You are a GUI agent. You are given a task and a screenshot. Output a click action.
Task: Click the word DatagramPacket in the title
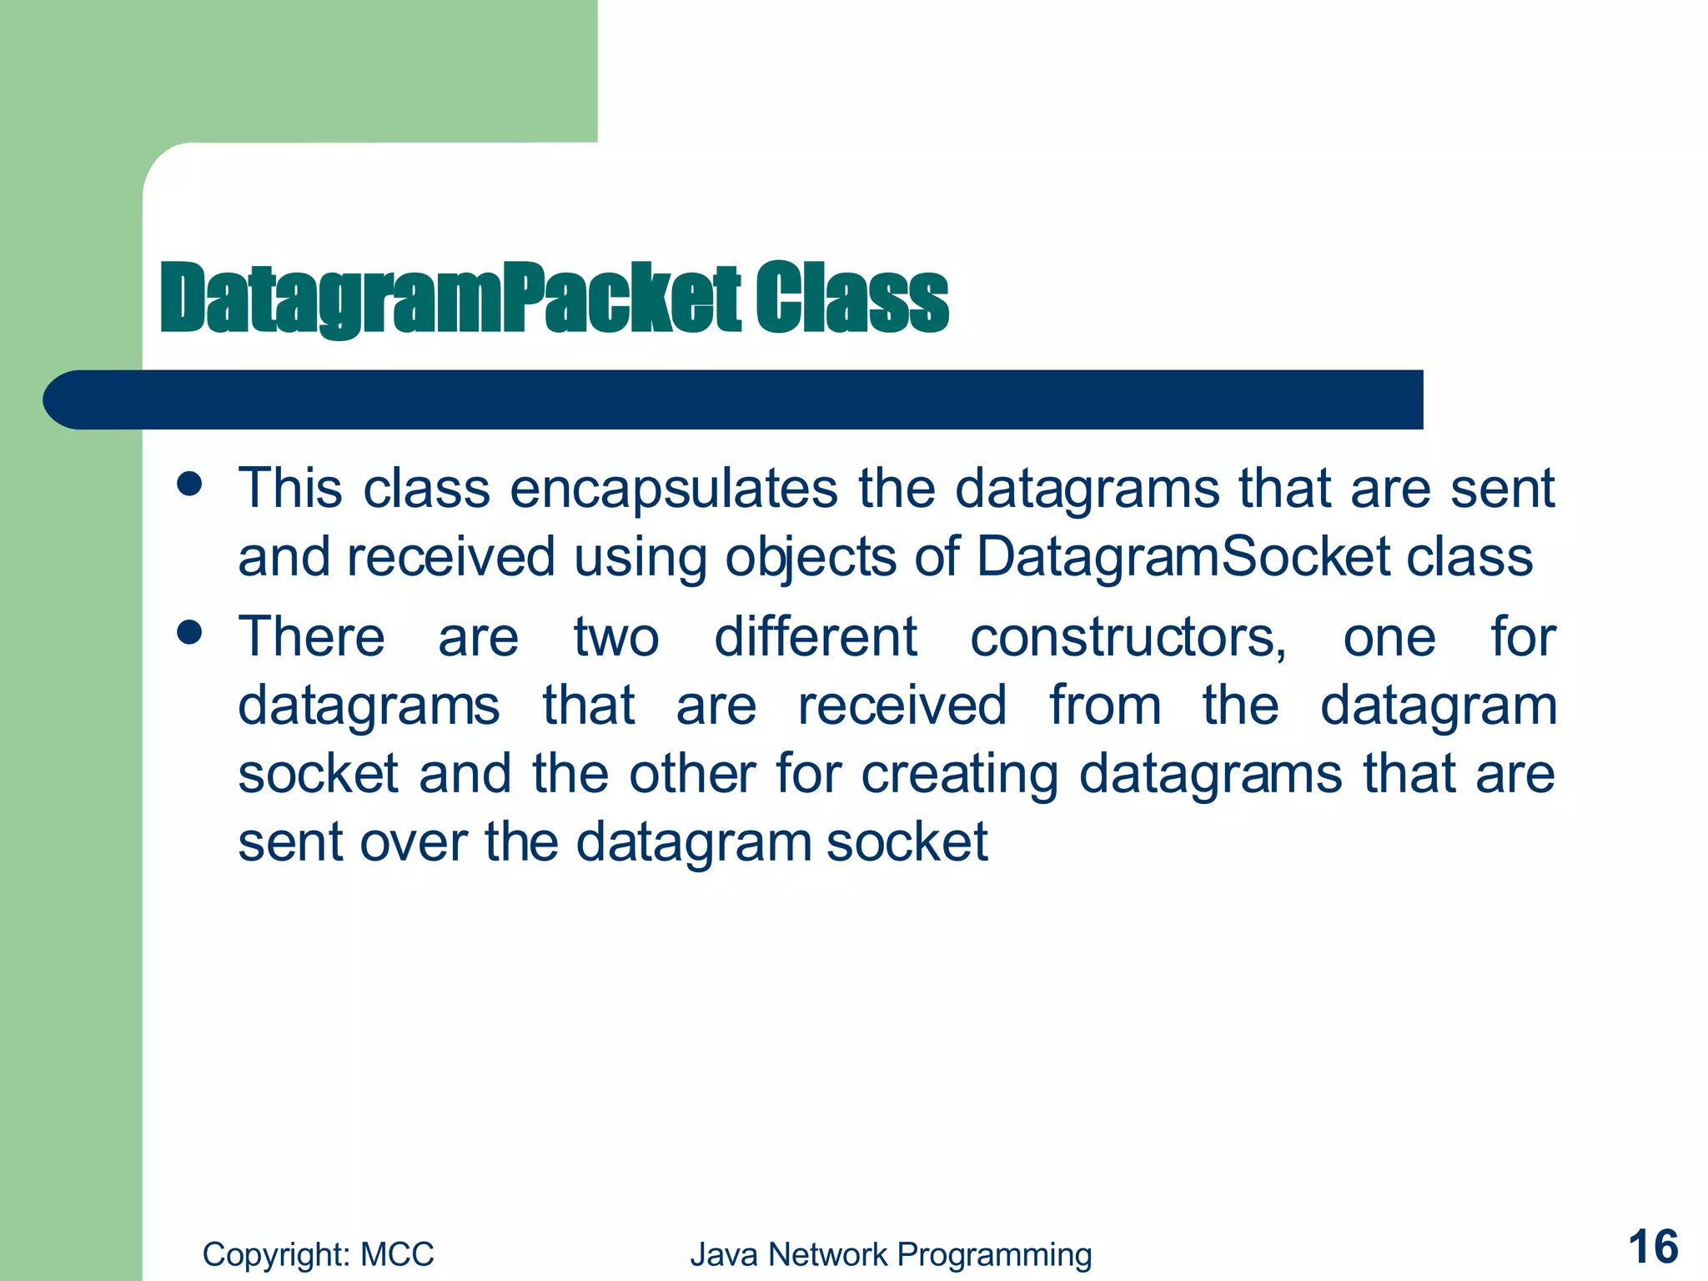pos(450,298)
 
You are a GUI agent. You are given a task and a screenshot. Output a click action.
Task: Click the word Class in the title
pos(852,298)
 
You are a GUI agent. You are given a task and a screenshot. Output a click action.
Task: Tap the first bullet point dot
pos(190,485)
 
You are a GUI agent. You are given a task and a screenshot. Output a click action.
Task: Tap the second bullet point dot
pos(190,632)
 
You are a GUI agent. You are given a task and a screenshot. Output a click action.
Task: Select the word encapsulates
pos(674,489)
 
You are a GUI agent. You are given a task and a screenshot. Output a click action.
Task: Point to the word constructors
pos(1128,638)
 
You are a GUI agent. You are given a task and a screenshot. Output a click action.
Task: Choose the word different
pos(816,638)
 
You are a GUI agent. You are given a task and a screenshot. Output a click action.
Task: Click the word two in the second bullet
pos(616,638)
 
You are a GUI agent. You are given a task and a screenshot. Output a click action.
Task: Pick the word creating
pos(959,775)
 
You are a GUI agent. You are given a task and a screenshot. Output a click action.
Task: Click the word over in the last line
pos(413,842)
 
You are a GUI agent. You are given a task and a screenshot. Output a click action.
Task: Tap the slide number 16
pos(1653,1248)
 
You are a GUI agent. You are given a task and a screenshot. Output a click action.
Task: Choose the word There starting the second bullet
pos(312,638)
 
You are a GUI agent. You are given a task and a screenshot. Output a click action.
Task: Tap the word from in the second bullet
pos(1104,706)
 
